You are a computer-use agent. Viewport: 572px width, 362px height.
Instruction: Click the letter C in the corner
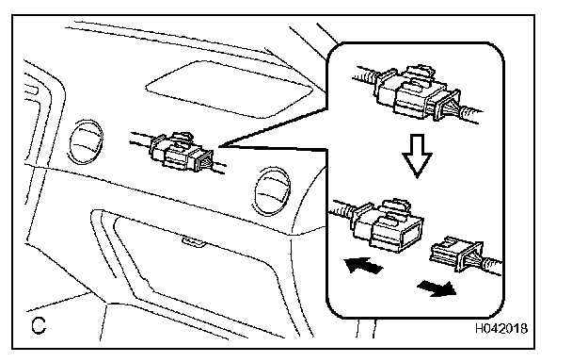pyautogui.click(x=39, y=325)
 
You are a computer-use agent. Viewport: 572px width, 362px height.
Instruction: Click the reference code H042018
pyautogui.click(x=501, y=328)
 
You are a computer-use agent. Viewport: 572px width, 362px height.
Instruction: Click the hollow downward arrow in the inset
pyautogui.click(x=418, y=156)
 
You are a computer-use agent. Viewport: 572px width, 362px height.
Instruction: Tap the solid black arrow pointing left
pyautogui.click(x=363, y=264)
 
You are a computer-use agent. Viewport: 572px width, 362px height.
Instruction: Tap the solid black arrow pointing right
pyautogui.click(x=437, y=288)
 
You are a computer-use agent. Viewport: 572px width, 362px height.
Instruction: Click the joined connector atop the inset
pyautogui.click(x=418, y=93)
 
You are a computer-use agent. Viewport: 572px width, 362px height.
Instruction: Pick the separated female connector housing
pyautogui.click(x=388, y=226)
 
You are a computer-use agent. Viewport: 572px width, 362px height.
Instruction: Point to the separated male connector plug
pyautogui.click(x=457, y=255)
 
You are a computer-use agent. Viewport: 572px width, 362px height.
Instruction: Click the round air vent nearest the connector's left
pyautogui.click(x=87, y=141)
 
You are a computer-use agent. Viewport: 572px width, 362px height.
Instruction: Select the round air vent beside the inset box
pyautogui.click(x=272, y=190)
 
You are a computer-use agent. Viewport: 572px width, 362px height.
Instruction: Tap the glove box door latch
pyautogui.click(x=193, y=242)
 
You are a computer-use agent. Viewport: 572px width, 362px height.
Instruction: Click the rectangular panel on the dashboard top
pyautogui.click(x=230, y=90)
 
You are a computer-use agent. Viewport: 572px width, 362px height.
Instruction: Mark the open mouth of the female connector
pyautogui.click(x=411, y=235)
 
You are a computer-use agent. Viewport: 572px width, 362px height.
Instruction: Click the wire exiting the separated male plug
pyautogui.click(x=492, y=266)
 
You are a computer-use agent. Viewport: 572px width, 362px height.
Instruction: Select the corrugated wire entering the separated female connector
pyautogui.click(x=342, y=208)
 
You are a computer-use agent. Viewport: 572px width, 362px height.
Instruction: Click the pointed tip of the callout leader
pyautogui.click(x=220, y=147)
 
